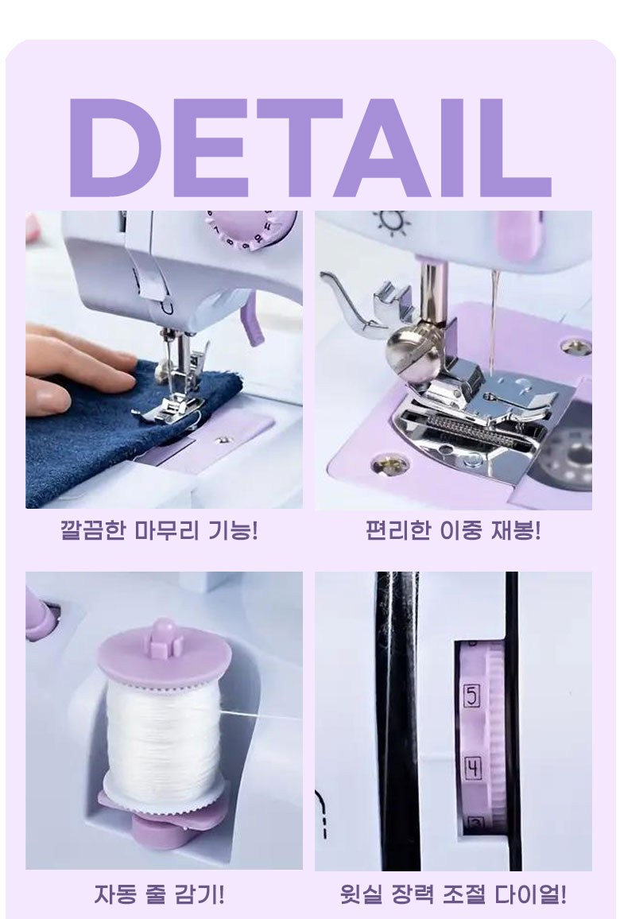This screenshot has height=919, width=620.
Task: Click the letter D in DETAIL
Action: click(x=114, y=147)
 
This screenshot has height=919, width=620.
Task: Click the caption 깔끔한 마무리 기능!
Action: click(x=160, y=530)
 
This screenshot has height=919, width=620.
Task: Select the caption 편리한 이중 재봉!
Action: click(x=453, y=530)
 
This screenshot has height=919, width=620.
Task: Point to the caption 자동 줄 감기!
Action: click(x=160, y=894)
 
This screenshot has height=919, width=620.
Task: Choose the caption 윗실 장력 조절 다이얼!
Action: click(x=453, y=894)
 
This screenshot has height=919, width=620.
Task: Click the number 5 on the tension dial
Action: click(x=471, y=696)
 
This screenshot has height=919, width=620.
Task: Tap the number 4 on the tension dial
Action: click(x=472, y=769)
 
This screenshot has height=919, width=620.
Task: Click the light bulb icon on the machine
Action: click(x=391, y=223)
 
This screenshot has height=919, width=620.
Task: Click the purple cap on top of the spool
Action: click(x=164, y=651)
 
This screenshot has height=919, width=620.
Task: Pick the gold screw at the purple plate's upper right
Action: click(x=575, y=347)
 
